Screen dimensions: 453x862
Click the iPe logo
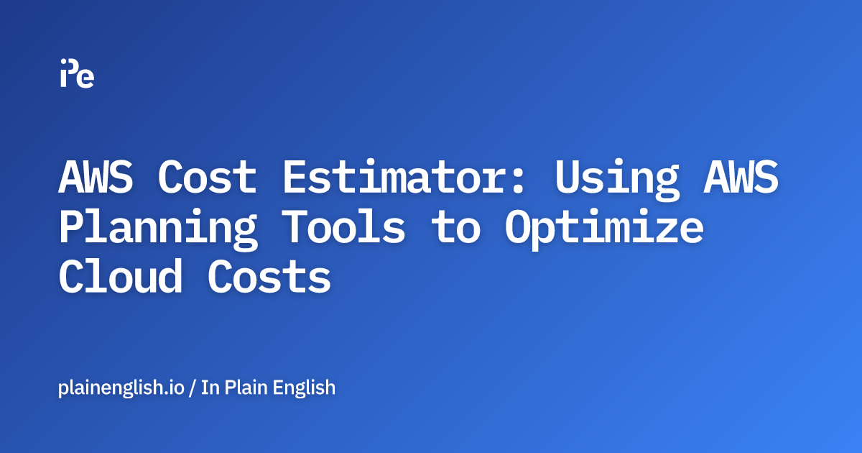[77, 73]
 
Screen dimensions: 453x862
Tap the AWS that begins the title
[96, 177]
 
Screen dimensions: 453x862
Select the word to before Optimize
[455, 227]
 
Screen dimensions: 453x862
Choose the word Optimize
[603, 229]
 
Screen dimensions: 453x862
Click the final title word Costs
[269, 278]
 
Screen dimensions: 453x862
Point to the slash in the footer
[193, 388]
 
